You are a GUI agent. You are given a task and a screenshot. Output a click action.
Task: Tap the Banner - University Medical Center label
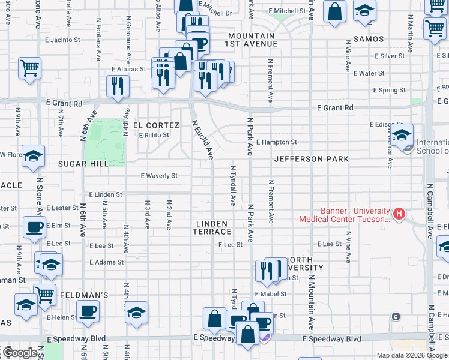(x=345, y=215)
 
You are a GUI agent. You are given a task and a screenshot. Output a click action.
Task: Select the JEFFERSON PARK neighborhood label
(x=311, y=160)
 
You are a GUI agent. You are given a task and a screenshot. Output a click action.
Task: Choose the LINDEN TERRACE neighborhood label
(x=212, y=227)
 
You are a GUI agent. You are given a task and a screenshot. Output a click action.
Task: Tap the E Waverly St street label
(x=159, y=176)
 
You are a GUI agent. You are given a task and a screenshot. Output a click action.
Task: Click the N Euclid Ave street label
(x=202, y=139)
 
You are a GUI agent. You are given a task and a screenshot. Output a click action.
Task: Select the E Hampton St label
(x=276, y=142)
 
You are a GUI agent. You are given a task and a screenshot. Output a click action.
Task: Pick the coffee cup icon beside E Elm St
(x=34, y=226)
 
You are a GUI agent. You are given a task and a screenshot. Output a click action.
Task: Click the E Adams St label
(x=106, y=262)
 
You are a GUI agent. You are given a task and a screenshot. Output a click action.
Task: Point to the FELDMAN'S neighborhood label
(x=83, y=295)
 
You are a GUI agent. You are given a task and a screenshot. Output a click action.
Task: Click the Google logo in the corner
(x=20, y=353)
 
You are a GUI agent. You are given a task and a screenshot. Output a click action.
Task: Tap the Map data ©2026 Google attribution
(x=412, y=355)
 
